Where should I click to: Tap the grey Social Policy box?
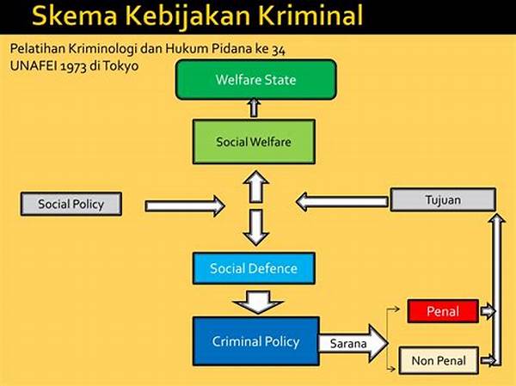(x=71, y=204)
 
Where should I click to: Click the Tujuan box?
(x=443, y=199)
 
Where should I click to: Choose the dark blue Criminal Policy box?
(x=255, y=341)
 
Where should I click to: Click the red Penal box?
(x=443, y=311)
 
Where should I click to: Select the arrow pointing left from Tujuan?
(x=342, y=201)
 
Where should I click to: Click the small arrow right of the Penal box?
(x=488, y=311)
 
